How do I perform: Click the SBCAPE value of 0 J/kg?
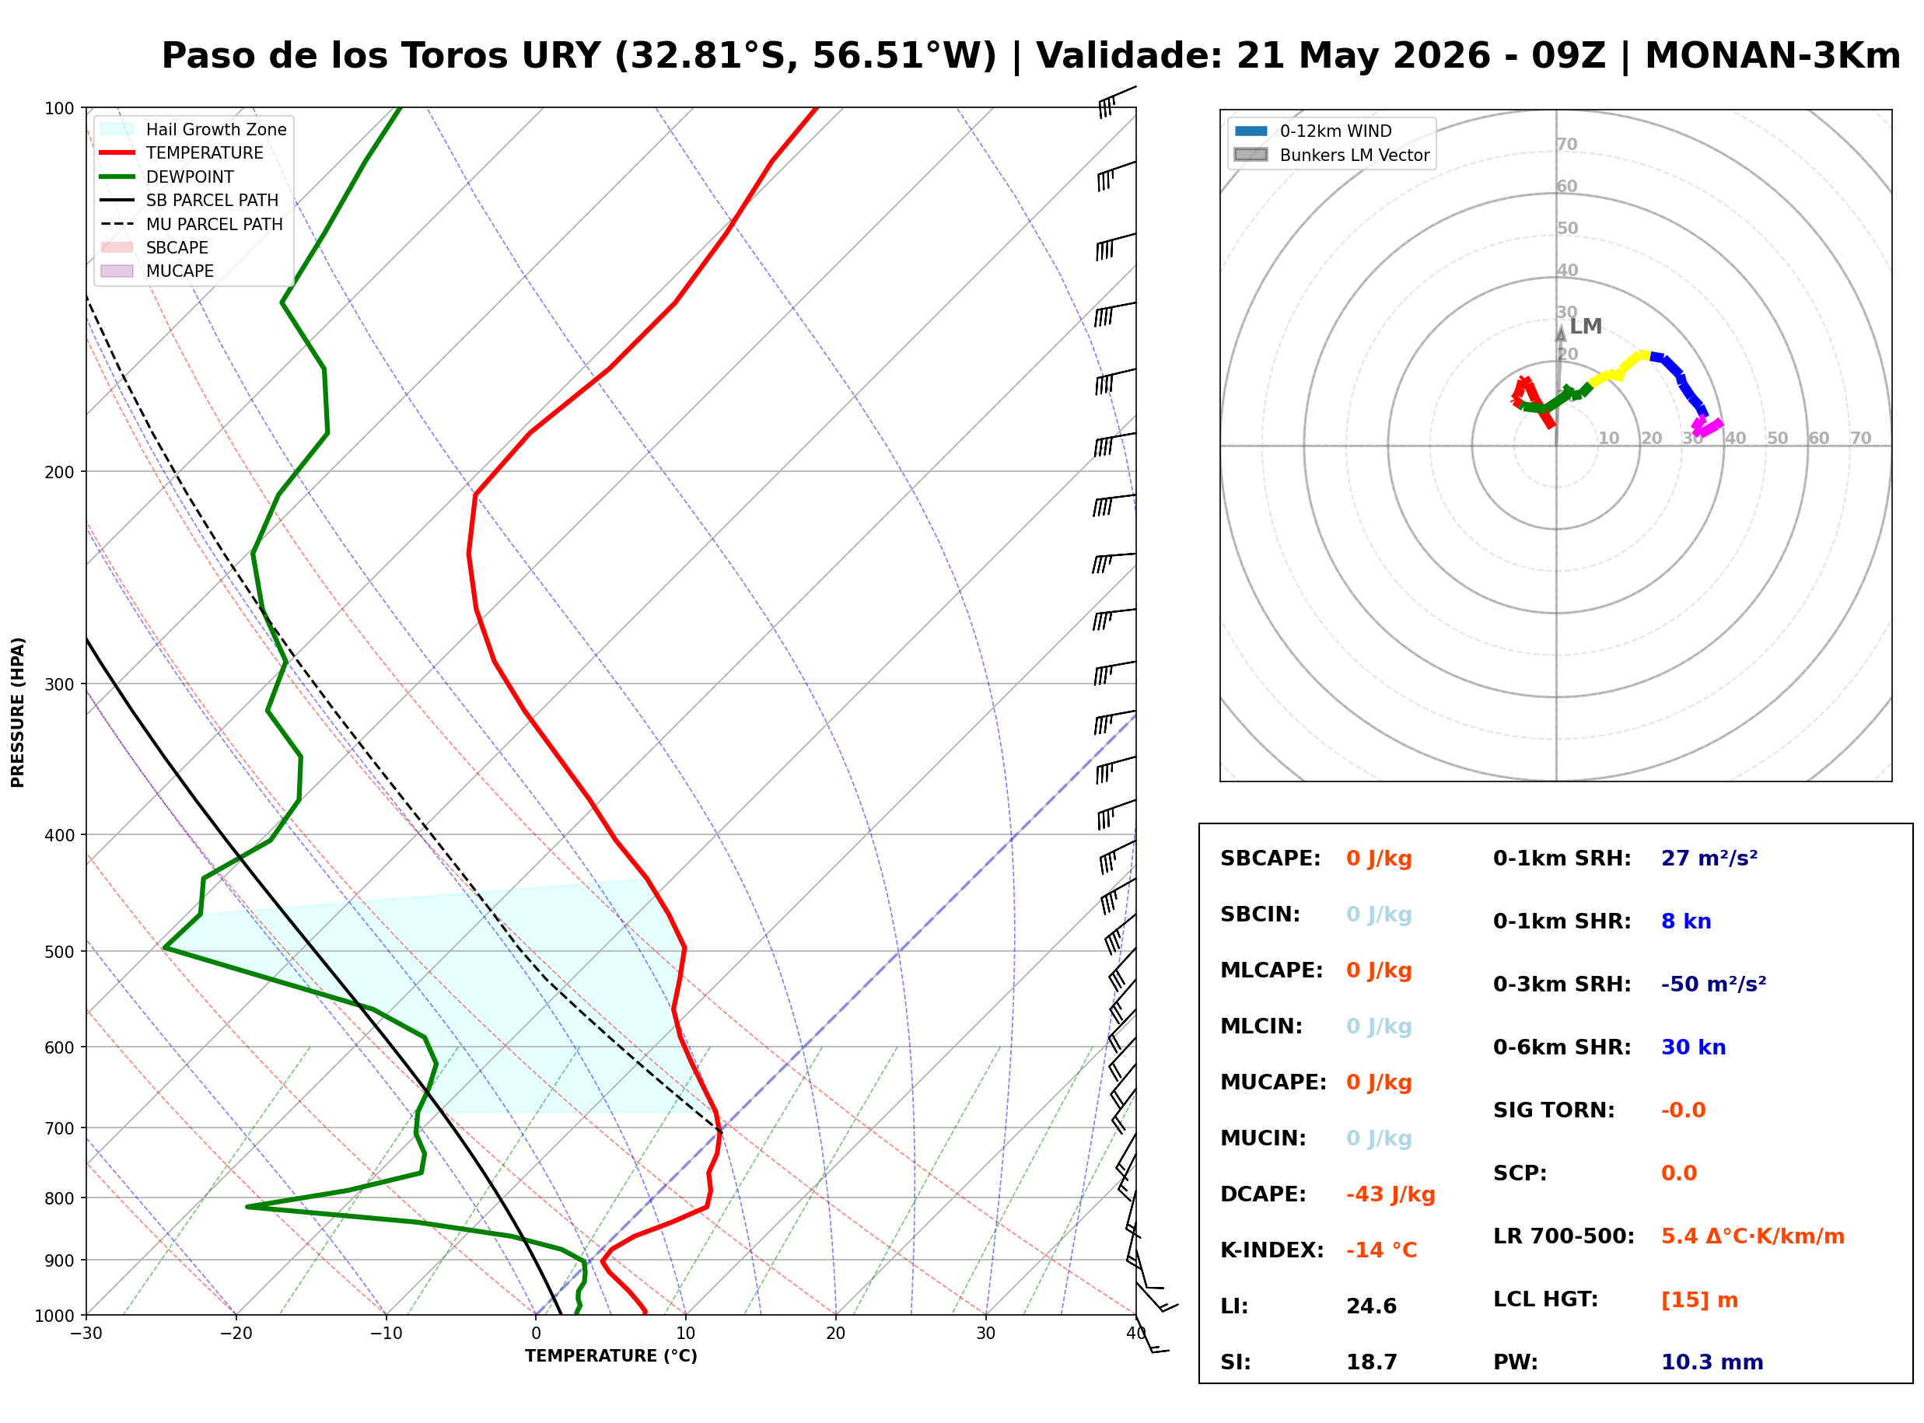1379,858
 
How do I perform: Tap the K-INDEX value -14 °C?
1381,1250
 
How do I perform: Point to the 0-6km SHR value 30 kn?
1693,1047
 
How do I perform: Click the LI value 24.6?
1371,1306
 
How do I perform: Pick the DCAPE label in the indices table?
1262,1194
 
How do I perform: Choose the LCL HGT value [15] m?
1699,1300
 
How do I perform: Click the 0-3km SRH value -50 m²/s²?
1713,984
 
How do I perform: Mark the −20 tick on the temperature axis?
235,1334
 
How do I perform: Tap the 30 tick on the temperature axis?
985,1334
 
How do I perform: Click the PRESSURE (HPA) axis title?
18,712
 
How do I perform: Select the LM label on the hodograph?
1586,327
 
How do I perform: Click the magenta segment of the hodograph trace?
1706,426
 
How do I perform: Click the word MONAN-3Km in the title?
1772,56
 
